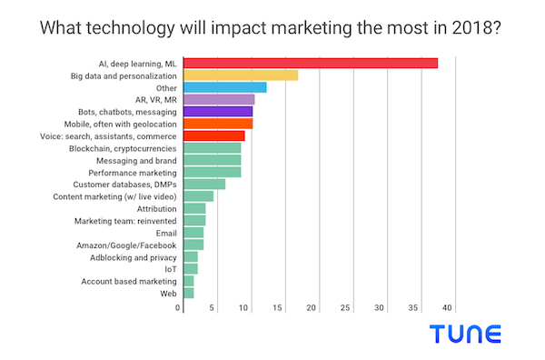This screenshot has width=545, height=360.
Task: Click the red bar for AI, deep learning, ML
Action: coord(311,63)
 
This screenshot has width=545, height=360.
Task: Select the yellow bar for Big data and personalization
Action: coord(241,75)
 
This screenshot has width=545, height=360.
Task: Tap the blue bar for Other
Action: coord(224,87)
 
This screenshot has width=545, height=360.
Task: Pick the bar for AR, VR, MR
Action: coord(219,99)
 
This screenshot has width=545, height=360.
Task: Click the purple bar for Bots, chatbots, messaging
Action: coord(218,111)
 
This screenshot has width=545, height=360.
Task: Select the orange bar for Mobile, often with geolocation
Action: coord(218,123)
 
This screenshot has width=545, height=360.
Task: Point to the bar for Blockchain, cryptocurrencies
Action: coord(213,147)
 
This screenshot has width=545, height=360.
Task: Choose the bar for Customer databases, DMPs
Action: coord(204,184)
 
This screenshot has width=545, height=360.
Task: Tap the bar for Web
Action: coord(189,293)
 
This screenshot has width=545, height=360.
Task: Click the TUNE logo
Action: coord(466,334)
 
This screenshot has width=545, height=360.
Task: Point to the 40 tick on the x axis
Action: coord(448,308)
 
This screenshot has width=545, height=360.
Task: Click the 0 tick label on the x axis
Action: coord(179,308)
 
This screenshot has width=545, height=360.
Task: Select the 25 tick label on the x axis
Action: coord(346,308)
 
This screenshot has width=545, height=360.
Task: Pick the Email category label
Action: coord(166,233)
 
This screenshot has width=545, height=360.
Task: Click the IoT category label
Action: coord(170,269)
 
